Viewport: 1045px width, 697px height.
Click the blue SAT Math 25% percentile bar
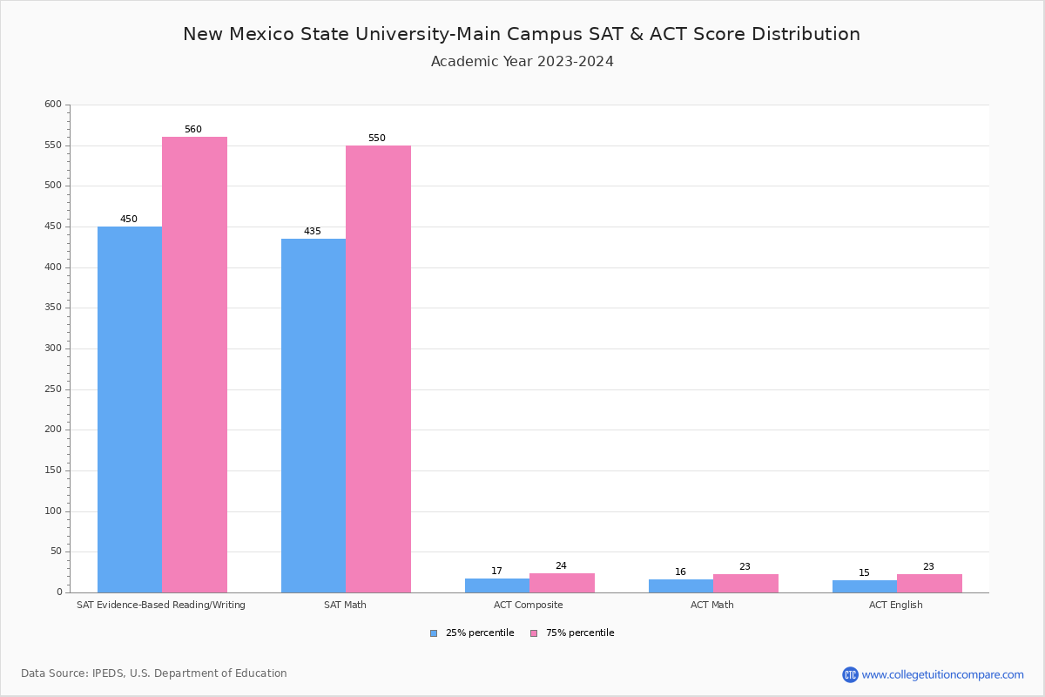[313, 416]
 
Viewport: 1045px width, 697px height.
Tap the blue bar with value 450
[130, 409]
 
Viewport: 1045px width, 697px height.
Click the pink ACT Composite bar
[562, 583]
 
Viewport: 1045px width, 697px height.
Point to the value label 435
[313, 232]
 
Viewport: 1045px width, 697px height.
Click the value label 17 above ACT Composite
[496, 572]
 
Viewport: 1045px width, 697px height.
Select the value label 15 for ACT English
[864, 573]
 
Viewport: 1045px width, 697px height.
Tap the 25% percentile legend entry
[472, 633]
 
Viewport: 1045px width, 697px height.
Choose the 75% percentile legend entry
[572, 633]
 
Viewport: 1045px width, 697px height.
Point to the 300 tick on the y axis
[53, 348]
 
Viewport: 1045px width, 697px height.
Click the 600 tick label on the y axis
[53, 105]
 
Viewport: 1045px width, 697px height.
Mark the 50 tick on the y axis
[56, 552]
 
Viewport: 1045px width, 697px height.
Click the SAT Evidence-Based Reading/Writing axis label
[161, 605]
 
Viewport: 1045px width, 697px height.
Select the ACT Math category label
[712, 605]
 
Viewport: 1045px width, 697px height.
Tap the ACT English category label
[895, 605]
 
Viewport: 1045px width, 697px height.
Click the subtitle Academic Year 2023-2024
[522, 62]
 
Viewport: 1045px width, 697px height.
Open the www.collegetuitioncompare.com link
[942, 674]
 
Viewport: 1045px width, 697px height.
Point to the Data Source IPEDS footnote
[154, 673]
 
